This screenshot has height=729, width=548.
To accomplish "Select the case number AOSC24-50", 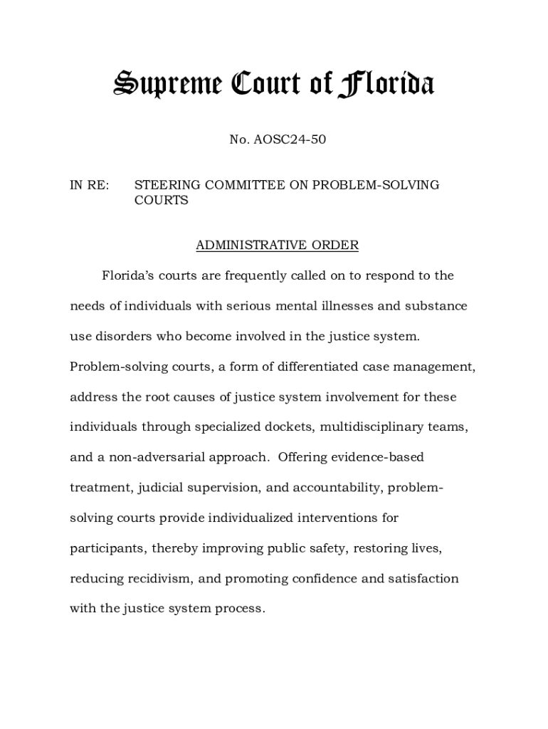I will click(288, 140).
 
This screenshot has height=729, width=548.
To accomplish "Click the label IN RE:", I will click(89, 185).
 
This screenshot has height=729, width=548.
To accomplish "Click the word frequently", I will click(265, 276).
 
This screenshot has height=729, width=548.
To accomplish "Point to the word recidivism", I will click(147, 579).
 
